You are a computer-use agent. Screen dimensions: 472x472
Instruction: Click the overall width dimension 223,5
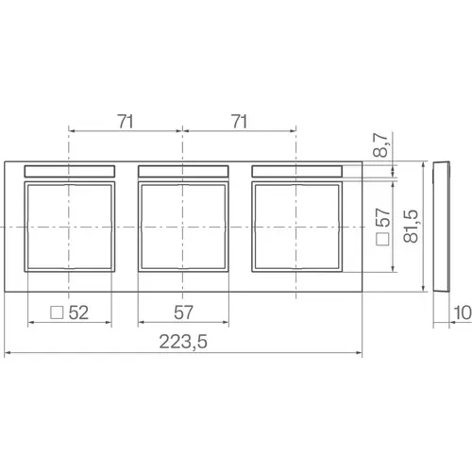point(183,342)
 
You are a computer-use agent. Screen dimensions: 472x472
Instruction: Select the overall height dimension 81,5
point(411,226)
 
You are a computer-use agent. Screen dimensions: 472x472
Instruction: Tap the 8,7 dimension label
point(380,145)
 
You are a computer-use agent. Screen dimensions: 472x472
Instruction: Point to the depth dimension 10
point(462,312)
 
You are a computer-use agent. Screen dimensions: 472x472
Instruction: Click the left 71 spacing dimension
point(126,122)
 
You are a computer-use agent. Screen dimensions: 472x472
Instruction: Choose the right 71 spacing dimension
point(239,122)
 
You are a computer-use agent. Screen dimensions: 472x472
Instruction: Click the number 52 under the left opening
point(78,312)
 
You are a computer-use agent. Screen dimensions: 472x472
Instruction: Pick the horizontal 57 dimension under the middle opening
point(183,312)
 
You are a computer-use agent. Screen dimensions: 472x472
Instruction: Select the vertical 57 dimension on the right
point(383,217)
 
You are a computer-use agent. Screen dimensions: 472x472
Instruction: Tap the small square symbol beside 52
point(57,312)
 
